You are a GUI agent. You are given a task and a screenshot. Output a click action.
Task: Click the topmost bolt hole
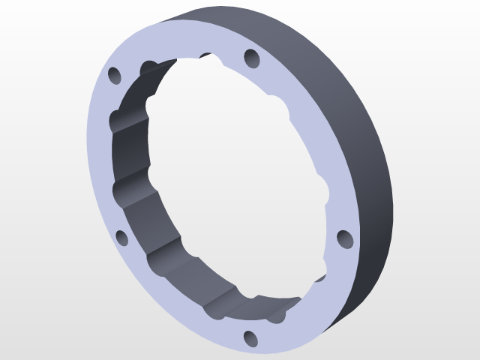[250, 57]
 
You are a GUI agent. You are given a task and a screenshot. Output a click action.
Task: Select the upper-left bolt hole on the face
[115, 76]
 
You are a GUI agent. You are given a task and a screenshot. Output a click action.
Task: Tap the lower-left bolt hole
[122, 239]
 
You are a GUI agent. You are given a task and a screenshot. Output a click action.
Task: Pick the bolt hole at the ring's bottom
[250, 339]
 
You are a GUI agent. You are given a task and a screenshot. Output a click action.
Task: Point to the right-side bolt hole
[344, 239]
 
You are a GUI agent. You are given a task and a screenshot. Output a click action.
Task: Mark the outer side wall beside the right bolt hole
[375, 225]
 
